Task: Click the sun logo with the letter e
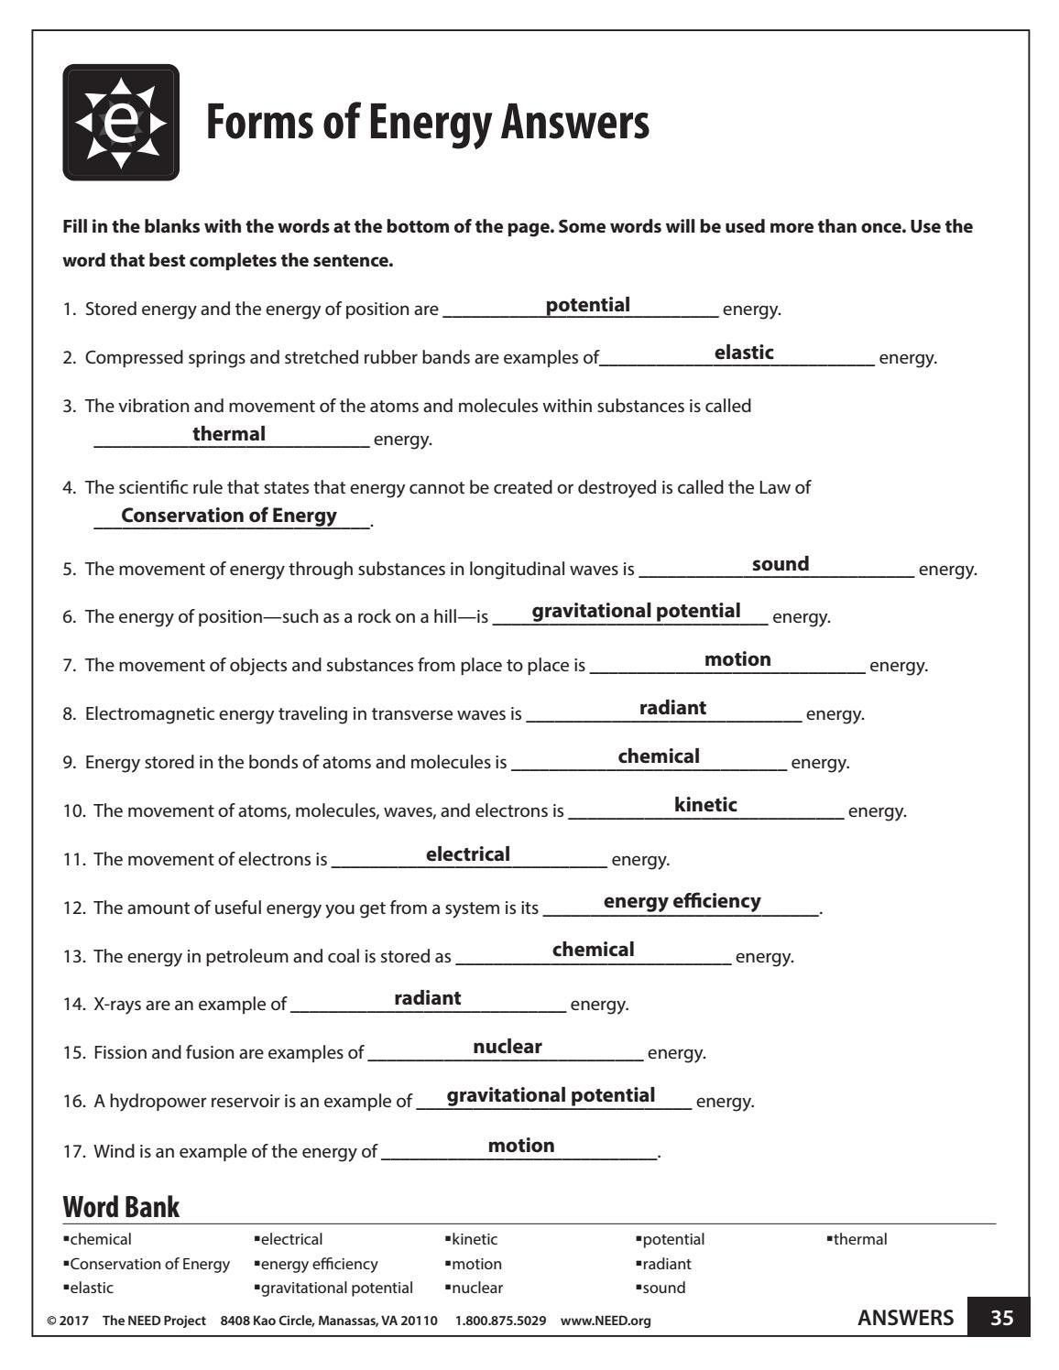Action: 121,123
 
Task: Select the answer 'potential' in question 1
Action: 587,305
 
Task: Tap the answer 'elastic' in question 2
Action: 744,353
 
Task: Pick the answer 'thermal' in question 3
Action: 229,434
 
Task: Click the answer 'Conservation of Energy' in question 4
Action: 229,516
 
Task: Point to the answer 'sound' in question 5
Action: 781,564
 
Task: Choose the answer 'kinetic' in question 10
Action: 705,805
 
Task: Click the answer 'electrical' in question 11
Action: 468,854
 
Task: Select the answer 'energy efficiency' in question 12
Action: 682,901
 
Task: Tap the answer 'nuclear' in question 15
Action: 508,1047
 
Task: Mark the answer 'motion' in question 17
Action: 521,1146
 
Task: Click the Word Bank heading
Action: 121,1207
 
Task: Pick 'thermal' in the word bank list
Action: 859,1240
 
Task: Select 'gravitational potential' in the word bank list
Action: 336,1288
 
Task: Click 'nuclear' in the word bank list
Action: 476,1288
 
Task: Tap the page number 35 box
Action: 1001,1319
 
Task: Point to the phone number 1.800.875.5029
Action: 500,1321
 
